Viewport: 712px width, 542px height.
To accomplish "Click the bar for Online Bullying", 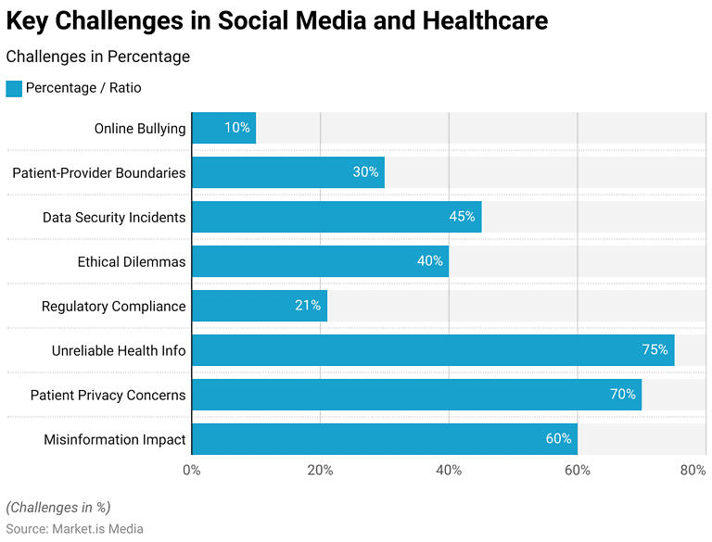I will (223, 128).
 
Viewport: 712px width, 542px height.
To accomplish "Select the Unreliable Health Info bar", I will (432, 350).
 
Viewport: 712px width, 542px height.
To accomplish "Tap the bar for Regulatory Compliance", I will (260, 306).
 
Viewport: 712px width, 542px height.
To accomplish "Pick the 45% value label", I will (463, 217).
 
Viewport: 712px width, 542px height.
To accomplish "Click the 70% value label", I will (623, 395).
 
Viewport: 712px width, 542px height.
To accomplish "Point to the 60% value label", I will (558, 439).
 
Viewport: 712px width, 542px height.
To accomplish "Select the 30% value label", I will (365, 172).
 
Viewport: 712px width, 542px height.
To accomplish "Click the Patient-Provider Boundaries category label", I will (98, 172).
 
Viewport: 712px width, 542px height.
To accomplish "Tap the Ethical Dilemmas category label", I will (131, 261).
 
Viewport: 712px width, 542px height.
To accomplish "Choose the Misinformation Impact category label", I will (114, 439).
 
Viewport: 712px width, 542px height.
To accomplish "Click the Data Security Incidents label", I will (113, 217).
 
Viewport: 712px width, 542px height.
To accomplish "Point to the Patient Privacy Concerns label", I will (108, 395).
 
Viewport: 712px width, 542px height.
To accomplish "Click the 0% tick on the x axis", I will (192, 470).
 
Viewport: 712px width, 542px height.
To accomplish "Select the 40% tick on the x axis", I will (449, 470).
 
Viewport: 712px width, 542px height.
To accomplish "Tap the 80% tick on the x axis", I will (693, 470).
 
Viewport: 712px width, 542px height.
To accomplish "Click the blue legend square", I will (13, 88).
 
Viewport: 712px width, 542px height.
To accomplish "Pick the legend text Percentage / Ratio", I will (83, 88).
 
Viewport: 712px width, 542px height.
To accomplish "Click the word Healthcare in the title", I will (470, 20).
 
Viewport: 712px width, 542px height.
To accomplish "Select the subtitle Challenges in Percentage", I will (98, 57).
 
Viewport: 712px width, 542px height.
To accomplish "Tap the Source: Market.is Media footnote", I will (75, 528).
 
